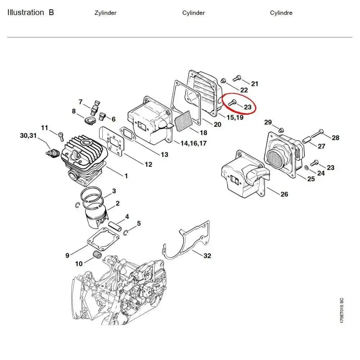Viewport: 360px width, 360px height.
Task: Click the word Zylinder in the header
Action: (105, 13)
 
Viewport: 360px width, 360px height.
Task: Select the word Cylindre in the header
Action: (281, 13)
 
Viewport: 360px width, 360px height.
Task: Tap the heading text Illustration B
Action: (31, 13)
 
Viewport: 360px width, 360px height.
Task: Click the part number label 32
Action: (207, 256)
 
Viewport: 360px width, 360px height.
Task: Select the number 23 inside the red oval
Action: (248, 107)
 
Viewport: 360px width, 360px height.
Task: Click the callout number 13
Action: (164, 155)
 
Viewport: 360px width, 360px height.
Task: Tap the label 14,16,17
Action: (193, 143)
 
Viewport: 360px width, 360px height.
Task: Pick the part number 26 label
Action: (284, 194)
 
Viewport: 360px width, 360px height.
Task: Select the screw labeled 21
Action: (237, 78)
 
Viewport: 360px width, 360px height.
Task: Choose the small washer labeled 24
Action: (306, 167)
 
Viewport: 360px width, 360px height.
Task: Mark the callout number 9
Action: (67, 256)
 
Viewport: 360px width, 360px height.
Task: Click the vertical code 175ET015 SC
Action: (341, 310)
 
